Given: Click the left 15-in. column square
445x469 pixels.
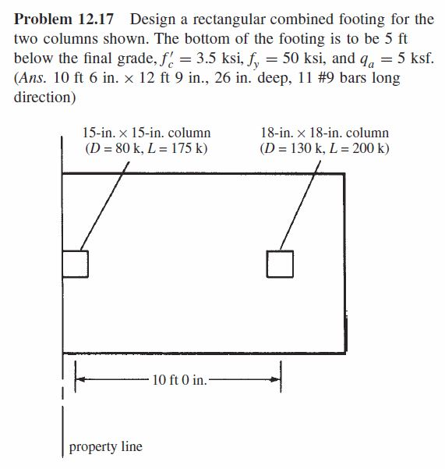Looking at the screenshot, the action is [75, 263].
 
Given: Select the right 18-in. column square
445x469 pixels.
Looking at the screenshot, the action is [281, 263].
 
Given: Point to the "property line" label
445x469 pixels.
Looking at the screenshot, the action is [106, 447].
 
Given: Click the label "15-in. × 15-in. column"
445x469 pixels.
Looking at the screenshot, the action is [146, 134].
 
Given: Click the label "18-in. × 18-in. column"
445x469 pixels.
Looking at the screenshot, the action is [324, 134].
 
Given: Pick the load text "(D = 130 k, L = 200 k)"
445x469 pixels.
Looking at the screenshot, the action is [324, 149].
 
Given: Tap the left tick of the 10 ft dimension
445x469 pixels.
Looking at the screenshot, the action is [76, 380].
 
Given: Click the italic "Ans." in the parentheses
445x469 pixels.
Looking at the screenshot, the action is [34, 80].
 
